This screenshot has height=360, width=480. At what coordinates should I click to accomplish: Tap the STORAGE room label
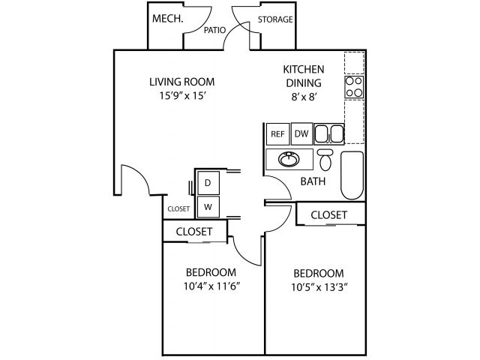275,19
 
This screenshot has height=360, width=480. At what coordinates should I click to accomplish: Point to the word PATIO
216,31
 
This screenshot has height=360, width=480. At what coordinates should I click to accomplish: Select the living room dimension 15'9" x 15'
181,97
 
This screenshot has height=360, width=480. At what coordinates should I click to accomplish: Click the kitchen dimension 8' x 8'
302,97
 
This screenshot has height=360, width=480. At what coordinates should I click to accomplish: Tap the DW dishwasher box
301,134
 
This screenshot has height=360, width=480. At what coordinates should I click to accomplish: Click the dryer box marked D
208,183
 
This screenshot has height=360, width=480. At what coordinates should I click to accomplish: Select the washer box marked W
208,205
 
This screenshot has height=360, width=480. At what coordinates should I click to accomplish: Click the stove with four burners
354,87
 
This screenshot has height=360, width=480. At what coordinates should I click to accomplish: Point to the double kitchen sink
329,134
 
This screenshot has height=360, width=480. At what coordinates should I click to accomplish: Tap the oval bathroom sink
288,160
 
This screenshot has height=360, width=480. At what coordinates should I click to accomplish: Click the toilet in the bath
325,160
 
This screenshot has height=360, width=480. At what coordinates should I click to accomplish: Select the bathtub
352,175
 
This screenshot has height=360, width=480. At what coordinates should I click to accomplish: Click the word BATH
312,181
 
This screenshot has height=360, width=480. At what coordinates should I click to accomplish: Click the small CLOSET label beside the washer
178,209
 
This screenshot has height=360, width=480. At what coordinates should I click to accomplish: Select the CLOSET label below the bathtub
328,215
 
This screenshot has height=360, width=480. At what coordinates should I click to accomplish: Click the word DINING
303,83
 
